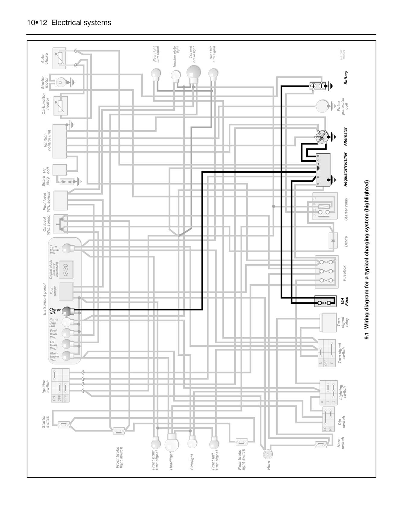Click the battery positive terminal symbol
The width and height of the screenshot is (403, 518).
313,86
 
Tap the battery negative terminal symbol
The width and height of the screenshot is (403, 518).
322,86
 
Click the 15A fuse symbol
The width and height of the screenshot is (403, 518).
325,301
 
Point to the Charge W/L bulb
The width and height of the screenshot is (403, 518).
66,311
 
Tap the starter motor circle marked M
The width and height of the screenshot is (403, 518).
60,82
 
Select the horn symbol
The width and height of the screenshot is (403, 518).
268,454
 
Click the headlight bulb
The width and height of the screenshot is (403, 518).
172,443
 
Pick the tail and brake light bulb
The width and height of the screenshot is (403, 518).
193,73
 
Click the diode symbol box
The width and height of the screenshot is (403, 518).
333,241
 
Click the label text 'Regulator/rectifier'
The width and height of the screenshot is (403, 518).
345,169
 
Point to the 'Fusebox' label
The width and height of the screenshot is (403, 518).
345,273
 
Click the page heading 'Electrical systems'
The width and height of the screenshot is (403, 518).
81,23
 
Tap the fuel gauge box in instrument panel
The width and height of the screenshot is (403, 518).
66,291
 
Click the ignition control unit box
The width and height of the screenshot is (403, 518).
60,141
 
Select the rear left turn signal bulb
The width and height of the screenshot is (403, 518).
213,73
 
